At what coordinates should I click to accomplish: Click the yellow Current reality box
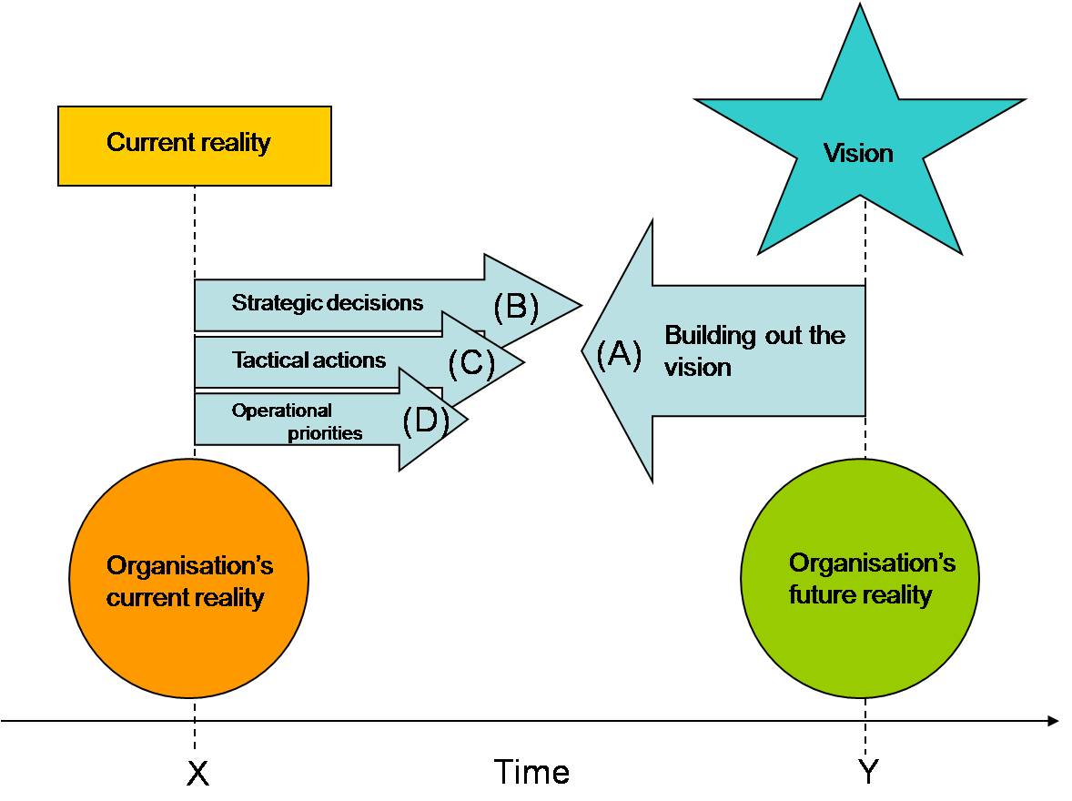[x=194, y=146]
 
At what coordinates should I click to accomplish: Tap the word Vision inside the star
[x=858, y=153]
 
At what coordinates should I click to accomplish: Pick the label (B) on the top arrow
[x=516, y=307]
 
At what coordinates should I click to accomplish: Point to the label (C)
[x=471, y=364]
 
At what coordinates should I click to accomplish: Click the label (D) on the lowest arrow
[x=426, y=421]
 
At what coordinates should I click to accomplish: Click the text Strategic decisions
[x=327, y=302]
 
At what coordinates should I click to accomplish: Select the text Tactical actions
[x=308, y=360]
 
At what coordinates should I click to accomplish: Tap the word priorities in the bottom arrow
[x=325, y=433]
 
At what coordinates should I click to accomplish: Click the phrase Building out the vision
[x=753, y=350]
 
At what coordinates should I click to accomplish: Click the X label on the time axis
[x=197, y=773]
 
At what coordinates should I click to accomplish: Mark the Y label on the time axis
[x=869, y=773]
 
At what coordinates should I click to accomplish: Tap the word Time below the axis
[x=531, y=773]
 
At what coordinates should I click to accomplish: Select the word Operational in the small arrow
[x=281, y=411]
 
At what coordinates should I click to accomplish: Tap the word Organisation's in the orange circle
[x=189, y=566]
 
